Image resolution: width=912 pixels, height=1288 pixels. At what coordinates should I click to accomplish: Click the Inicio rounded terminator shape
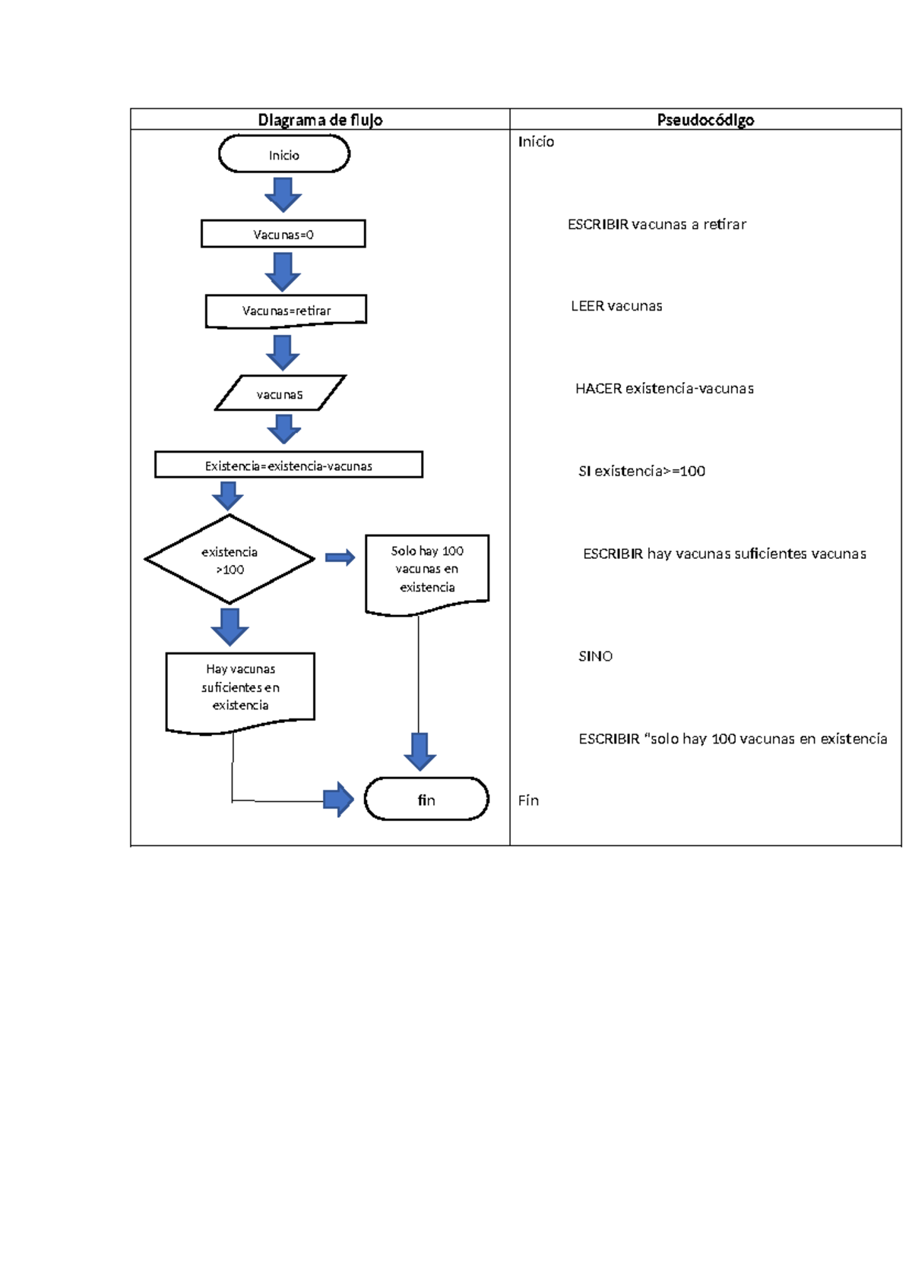283,154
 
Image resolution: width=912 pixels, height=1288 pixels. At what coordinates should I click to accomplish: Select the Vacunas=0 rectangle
283,234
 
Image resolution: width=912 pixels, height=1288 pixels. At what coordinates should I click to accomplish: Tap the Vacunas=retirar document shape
286,311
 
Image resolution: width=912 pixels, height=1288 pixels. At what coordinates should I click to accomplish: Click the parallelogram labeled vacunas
280,393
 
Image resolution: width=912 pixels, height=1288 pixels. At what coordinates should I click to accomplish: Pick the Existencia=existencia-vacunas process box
288,465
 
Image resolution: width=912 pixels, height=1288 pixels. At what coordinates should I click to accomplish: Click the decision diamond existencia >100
229,560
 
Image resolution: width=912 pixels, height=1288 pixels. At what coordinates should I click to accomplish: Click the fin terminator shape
426,799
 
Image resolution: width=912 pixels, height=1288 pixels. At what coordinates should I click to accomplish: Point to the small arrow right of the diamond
340,558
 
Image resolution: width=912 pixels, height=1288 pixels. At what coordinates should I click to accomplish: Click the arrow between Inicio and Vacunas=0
283,195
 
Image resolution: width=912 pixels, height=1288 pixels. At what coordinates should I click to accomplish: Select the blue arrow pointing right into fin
338,800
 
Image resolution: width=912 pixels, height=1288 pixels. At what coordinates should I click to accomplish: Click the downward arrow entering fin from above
420,751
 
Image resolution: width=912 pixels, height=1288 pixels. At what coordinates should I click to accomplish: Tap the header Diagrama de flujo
320,119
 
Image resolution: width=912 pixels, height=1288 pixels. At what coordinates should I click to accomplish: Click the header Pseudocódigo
705,119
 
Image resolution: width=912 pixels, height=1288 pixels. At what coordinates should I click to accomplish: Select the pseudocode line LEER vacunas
616,306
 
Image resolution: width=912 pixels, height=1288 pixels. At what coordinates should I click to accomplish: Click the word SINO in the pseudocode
595,656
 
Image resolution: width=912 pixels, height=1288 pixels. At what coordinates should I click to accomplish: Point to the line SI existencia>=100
641,471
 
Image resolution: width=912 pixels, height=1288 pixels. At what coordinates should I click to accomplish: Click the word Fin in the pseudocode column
528,800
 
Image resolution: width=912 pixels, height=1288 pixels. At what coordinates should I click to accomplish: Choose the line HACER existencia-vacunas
664,389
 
